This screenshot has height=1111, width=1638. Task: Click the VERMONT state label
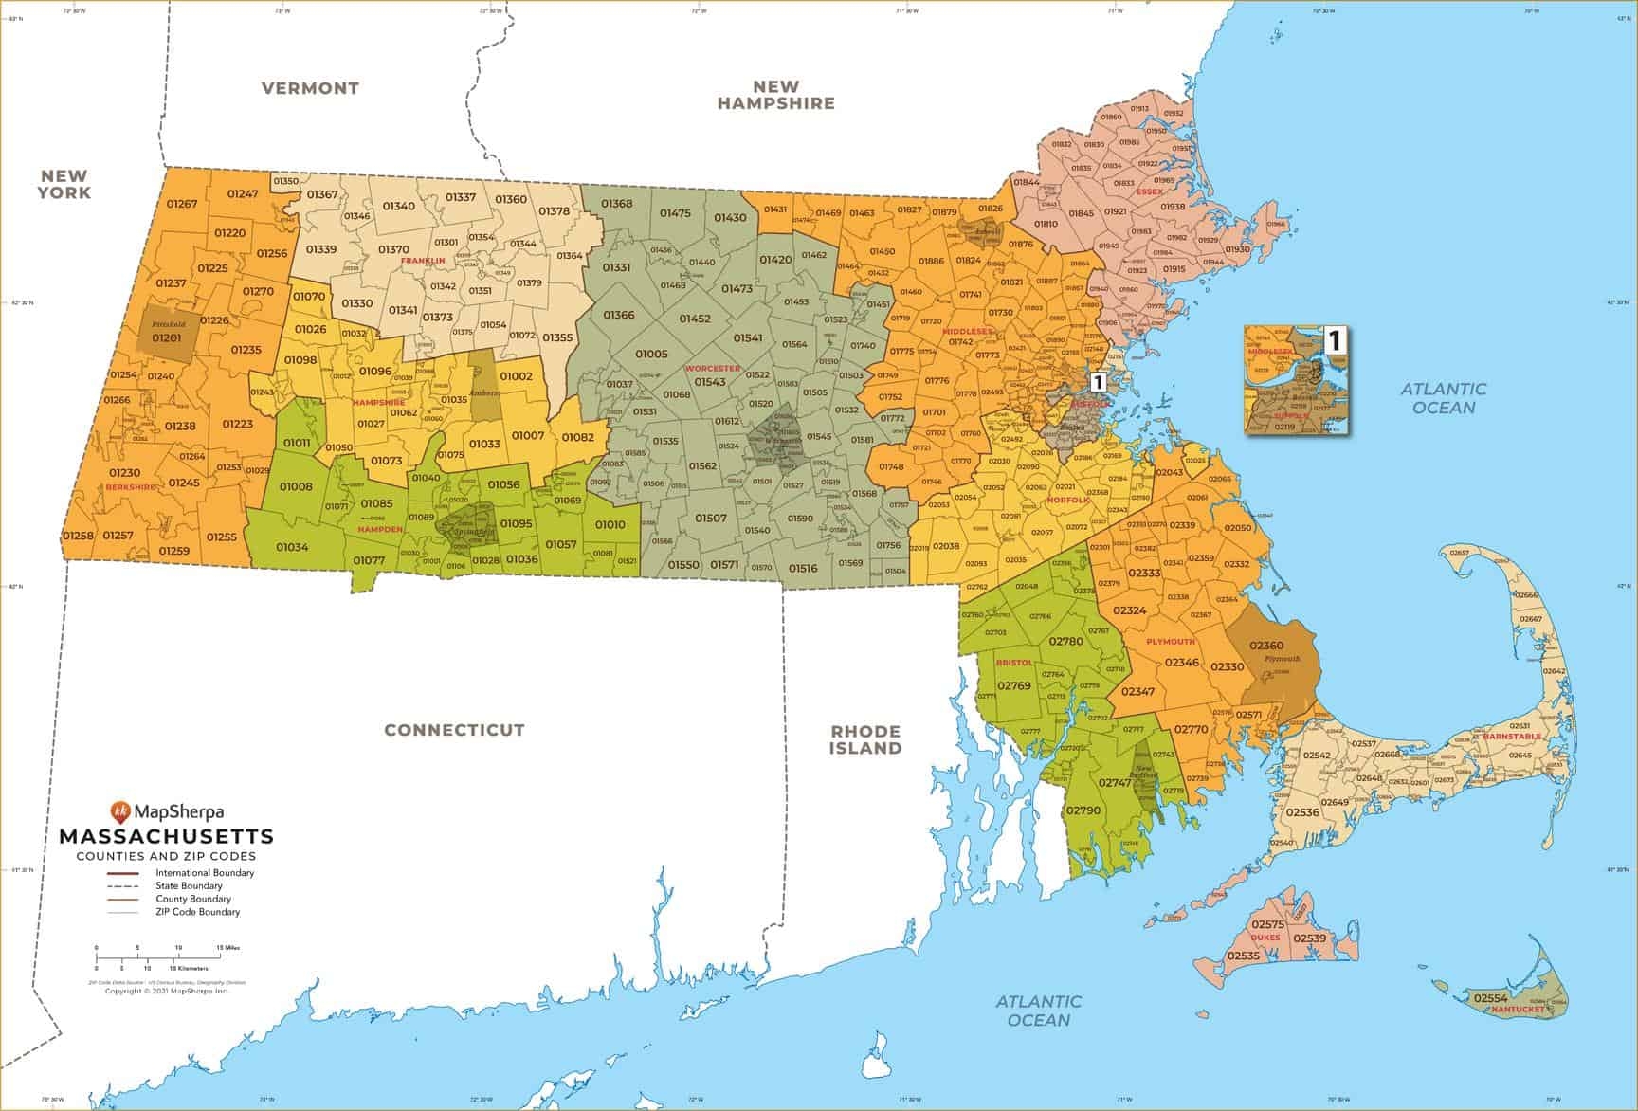pyautogui.click(x=310, y=88)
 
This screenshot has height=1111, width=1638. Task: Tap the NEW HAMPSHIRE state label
pyautogui.click(x=775, y=95)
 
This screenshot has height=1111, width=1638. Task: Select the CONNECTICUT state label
pyautogui.click(x=454, y=730)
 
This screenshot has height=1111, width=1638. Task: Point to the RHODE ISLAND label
pyautogui.click(x=865, y=739)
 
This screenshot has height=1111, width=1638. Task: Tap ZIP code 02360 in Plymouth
pyautogui.click(x=1266, y=646)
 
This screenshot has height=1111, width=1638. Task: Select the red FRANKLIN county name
pyautogui.click(x=422, y=260)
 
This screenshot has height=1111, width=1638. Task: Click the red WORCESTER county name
pyautogui.click(x=712, y=368)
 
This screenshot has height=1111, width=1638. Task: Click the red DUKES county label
pyautogui.click(x=1265, y=938)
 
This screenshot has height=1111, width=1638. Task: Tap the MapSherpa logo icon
pyautogui.click(x=119, y=811)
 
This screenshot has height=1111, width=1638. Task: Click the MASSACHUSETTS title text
pyautogui.click(x=167, y=837)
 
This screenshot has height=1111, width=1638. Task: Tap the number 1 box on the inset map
pyautogui.click(x=1334, y=338)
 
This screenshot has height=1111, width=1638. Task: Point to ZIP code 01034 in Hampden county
pyautogui.click(x=292, y=547)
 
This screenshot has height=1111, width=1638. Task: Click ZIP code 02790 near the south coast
pyautogui.click(x=1083, y=811)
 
